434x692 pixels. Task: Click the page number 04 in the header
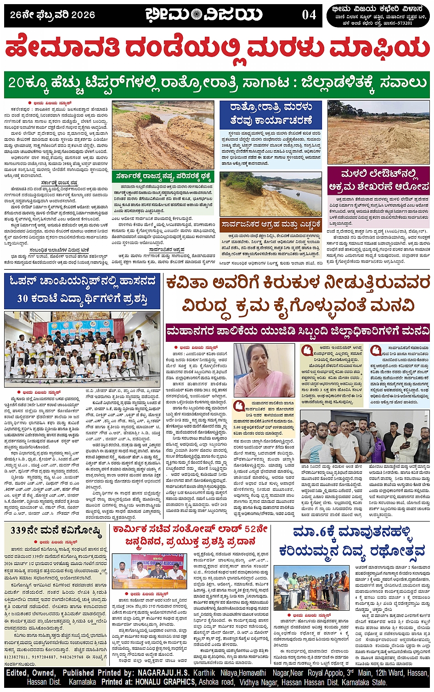[309, 15]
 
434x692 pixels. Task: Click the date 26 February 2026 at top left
[52, 15]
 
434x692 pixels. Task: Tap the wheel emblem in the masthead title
[196, 15]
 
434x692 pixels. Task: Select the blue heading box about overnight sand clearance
[271, 113]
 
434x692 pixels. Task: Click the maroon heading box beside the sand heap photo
[378, 180]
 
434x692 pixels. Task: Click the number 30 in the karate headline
[23, 298]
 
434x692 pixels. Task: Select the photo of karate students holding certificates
[82, 348]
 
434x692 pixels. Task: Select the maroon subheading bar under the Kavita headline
[298, 331]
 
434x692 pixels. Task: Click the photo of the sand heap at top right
[378, 132]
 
